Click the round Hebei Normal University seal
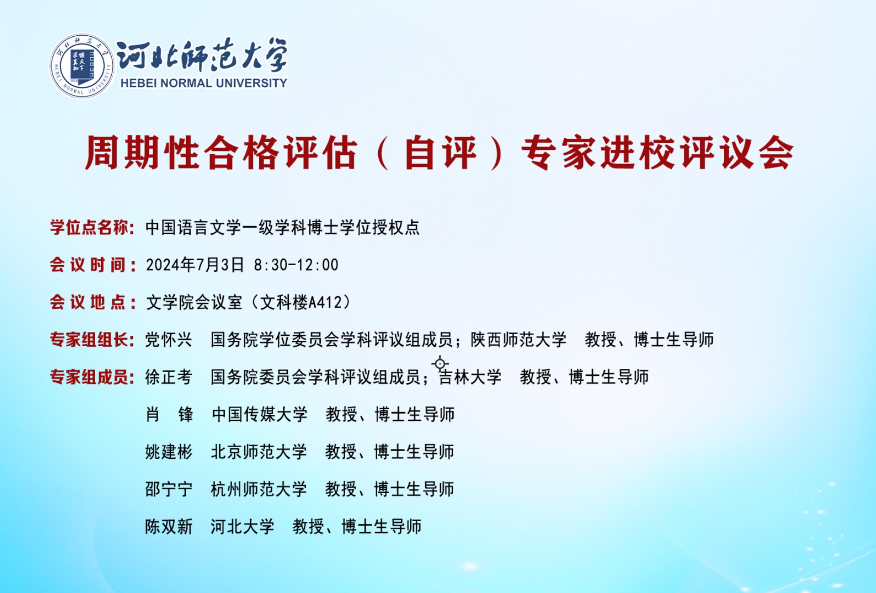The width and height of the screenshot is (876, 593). point(81,65)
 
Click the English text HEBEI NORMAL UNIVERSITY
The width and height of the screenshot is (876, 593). point(204,83)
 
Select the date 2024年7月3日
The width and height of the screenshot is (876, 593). point(195,265)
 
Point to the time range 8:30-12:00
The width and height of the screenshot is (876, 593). point(296,265)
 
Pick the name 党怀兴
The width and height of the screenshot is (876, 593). point(168,340)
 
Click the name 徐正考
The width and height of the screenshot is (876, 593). point(168,377)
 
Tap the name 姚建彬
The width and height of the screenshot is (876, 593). point(168,452)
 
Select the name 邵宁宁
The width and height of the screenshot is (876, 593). point(168,489)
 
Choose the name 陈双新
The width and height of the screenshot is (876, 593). point(168,527)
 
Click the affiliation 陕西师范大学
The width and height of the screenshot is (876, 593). point(518,340)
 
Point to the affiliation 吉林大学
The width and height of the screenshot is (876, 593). point(470,377)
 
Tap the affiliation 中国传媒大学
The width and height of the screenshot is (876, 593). point(260,415)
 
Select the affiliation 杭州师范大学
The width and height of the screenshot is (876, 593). point(259,489)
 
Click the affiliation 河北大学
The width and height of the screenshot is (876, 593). point(242,527)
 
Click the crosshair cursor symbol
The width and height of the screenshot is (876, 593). point(440,364)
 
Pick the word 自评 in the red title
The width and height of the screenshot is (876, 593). point(441,153)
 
